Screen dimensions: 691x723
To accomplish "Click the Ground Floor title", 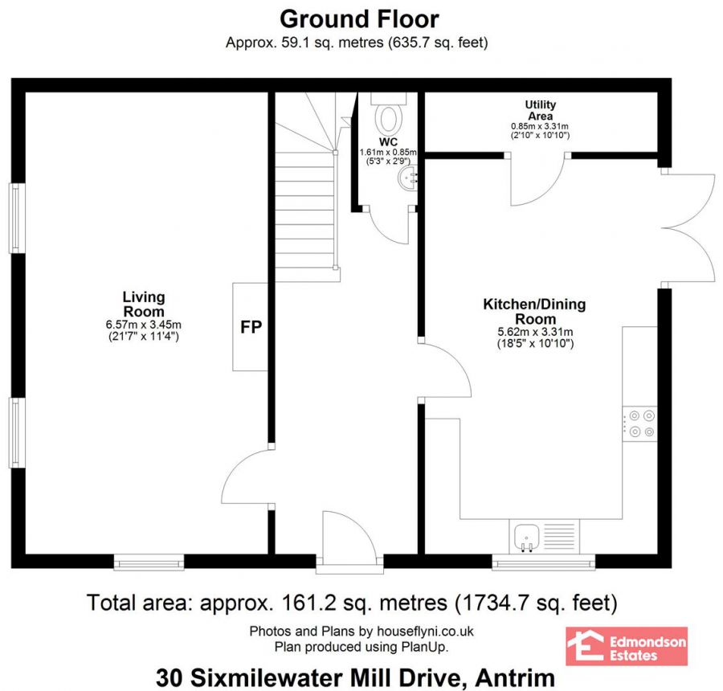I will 360,18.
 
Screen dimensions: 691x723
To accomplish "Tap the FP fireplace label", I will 251,327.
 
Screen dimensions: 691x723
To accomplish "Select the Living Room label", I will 144,304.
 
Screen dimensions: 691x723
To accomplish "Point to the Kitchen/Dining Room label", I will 533,312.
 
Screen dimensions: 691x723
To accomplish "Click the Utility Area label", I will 540,111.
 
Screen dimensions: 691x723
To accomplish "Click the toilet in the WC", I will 390,116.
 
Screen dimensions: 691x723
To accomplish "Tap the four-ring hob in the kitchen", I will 640,423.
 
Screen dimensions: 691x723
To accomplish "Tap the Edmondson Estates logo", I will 627,647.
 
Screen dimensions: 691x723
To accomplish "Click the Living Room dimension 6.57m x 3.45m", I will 144,325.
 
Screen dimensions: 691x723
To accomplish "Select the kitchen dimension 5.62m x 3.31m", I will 533,333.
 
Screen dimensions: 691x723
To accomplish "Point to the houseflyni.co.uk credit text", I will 361,632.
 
